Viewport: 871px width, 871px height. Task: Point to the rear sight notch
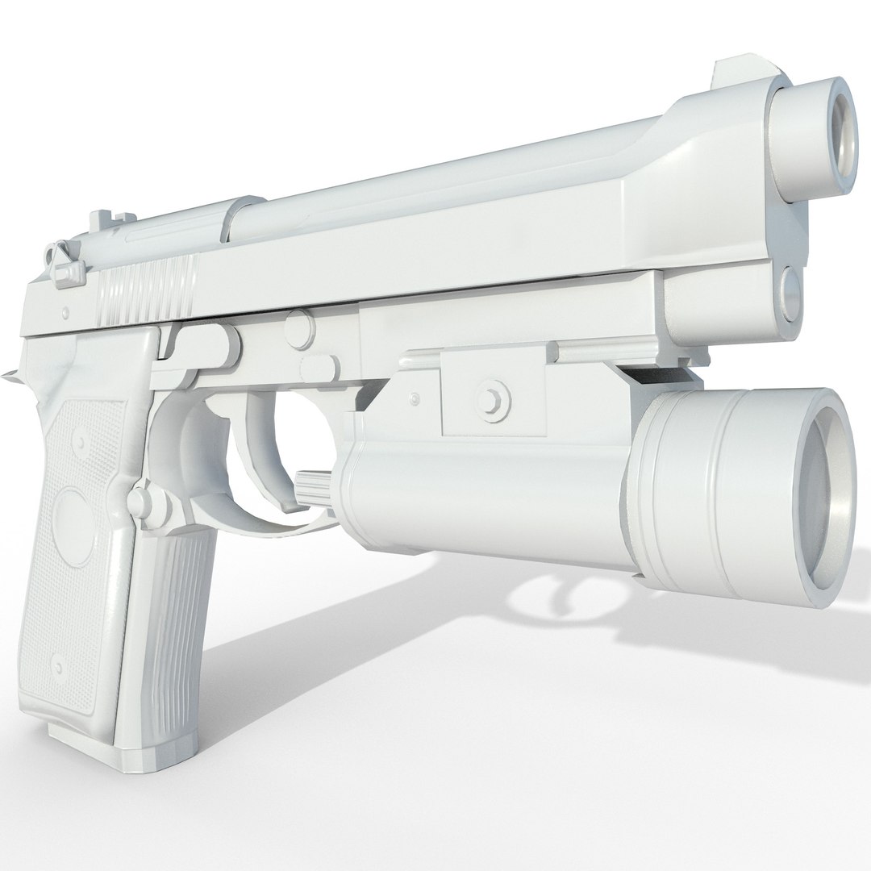[102, 219]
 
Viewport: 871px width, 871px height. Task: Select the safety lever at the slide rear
[64, 267]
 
